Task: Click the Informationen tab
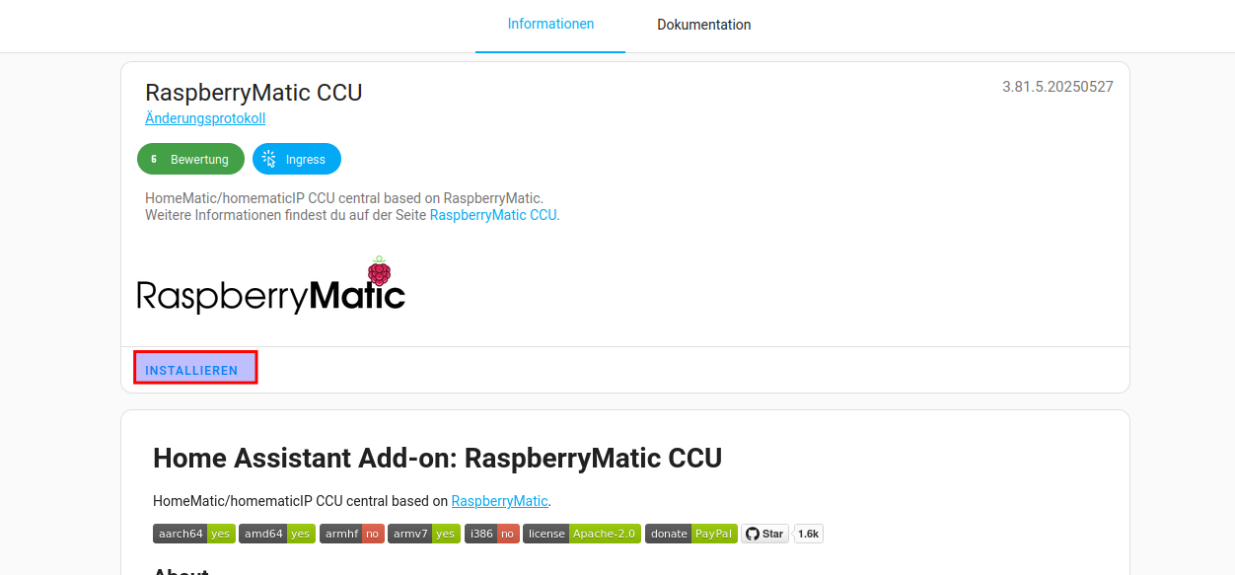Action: (x=550, y=24)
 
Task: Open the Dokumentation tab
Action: (x=704, y=25)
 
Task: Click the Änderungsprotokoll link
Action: (x=205, y=118)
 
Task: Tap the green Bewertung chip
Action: (x=190, y=159)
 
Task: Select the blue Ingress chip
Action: (x=297, y=159)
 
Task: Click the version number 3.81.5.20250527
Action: (x=1057, y=87)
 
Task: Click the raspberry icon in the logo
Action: (x=379, y=271)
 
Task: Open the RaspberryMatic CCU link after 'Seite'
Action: (x=493, y=215)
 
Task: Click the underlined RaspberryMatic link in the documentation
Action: (x=499, y=501)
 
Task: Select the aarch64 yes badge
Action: (x=193, y=534)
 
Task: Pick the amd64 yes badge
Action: (x=276, y=534)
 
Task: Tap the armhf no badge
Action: (x=352, y=534)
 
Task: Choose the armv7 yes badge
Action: (x=423, y=534)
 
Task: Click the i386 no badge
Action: (x=491, y=534)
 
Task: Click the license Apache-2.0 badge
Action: (x=582, y=534)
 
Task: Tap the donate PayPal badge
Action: (x=690, y=534)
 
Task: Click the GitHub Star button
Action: (x=764, y=534)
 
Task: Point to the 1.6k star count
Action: (x=809, y=534)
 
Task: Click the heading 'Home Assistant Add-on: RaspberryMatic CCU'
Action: (x=437, y=458)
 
